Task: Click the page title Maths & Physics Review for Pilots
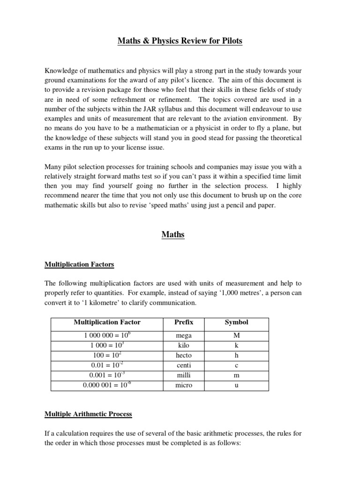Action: tap(180, 41)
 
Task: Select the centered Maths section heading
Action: tap(173, 234)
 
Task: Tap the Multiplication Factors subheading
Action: tap(79, 264)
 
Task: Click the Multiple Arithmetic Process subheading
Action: tap(88, 414)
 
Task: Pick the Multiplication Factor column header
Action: tap(107, 322)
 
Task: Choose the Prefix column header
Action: tap(183, 322)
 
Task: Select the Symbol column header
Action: tap(237, 322)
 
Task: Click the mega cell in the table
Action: tap(183, 336)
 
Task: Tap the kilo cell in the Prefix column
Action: tap(183, 345)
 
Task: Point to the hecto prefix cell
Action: tap(183, 355)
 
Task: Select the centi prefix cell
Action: tap(183, 365)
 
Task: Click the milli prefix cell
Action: tap(183, 375)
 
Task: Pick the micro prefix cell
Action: tap(183, 385)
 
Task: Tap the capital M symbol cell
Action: tap(237, 336)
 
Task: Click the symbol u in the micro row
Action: tap(237, 385)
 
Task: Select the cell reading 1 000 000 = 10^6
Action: tap(107, 336)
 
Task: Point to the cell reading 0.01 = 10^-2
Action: tap(107, 365)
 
